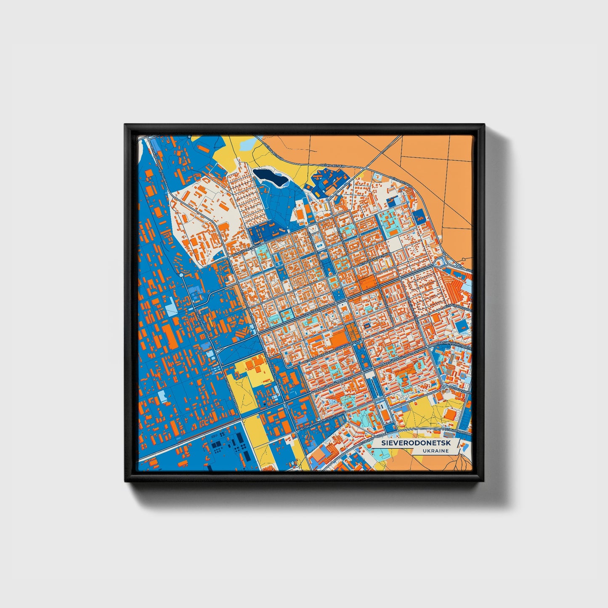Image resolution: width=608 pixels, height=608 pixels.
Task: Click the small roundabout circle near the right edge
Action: pyautogui.click(x=443, y=387)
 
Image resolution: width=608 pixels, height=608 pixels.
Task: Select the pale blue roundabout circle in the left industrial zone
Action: pyautogui.click(x=181, y=275)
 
